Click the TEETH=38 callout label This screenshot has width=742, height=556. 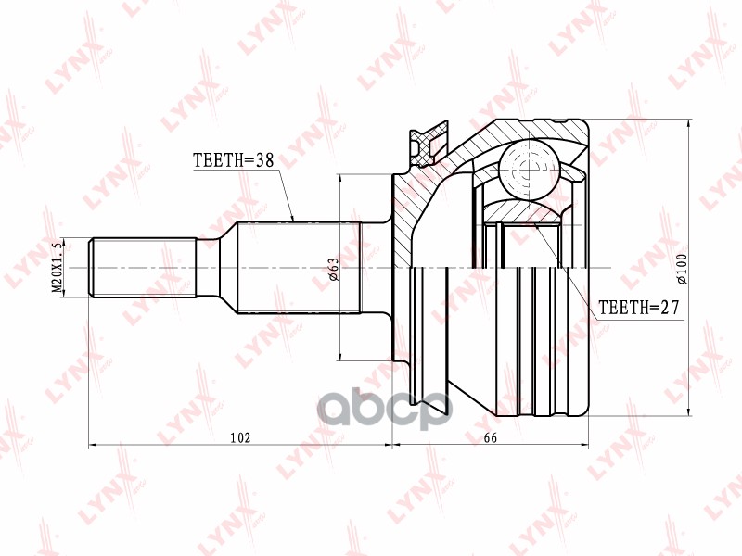click(x=233, y=160)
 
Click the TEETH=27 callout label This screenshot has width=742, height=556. click(x=639, y=307)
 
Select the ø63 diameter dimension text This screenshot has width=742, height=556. click(x=332, y=269)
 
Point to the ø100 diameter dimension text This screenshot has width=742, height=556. click(x=682, y=269)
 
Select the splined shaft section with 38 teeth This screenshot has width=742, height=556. click(x=297, y=268)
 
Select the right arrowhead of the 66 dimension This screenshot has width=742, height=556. click(x=586, y=446)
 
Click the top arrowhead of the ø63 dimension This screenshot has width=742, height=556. click(x=342, y=177)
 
